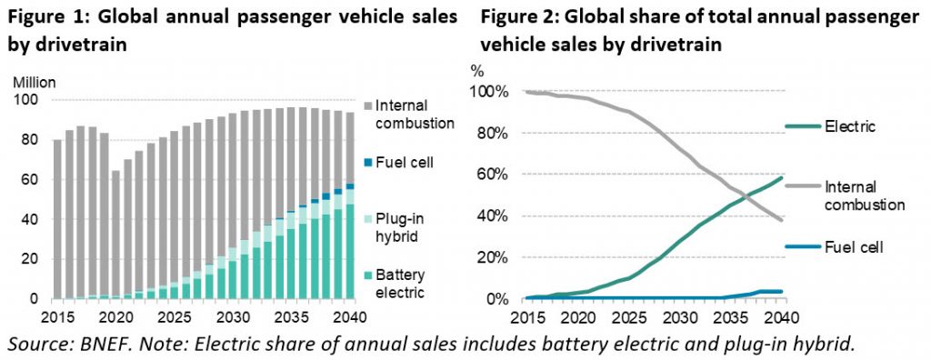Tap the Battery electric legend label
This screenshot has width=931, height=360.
399,283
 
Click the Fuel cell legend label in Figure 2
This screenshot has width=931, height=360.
852,246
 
